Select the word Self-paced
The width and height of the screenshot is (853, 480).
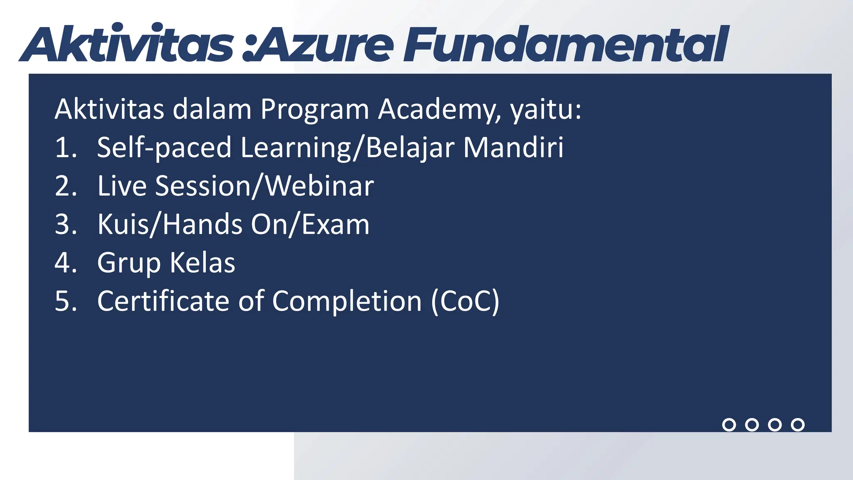click(164, 148)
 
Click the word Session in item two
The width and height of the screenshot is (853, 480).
click(202, 186)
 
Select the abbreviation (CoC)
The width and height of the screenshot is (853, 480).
click(465, 301)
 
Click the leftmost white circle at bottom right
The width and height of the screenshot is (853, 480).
click(729, 425)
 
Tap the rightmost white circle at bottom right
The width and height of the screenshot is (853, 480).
click(798, 425)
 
